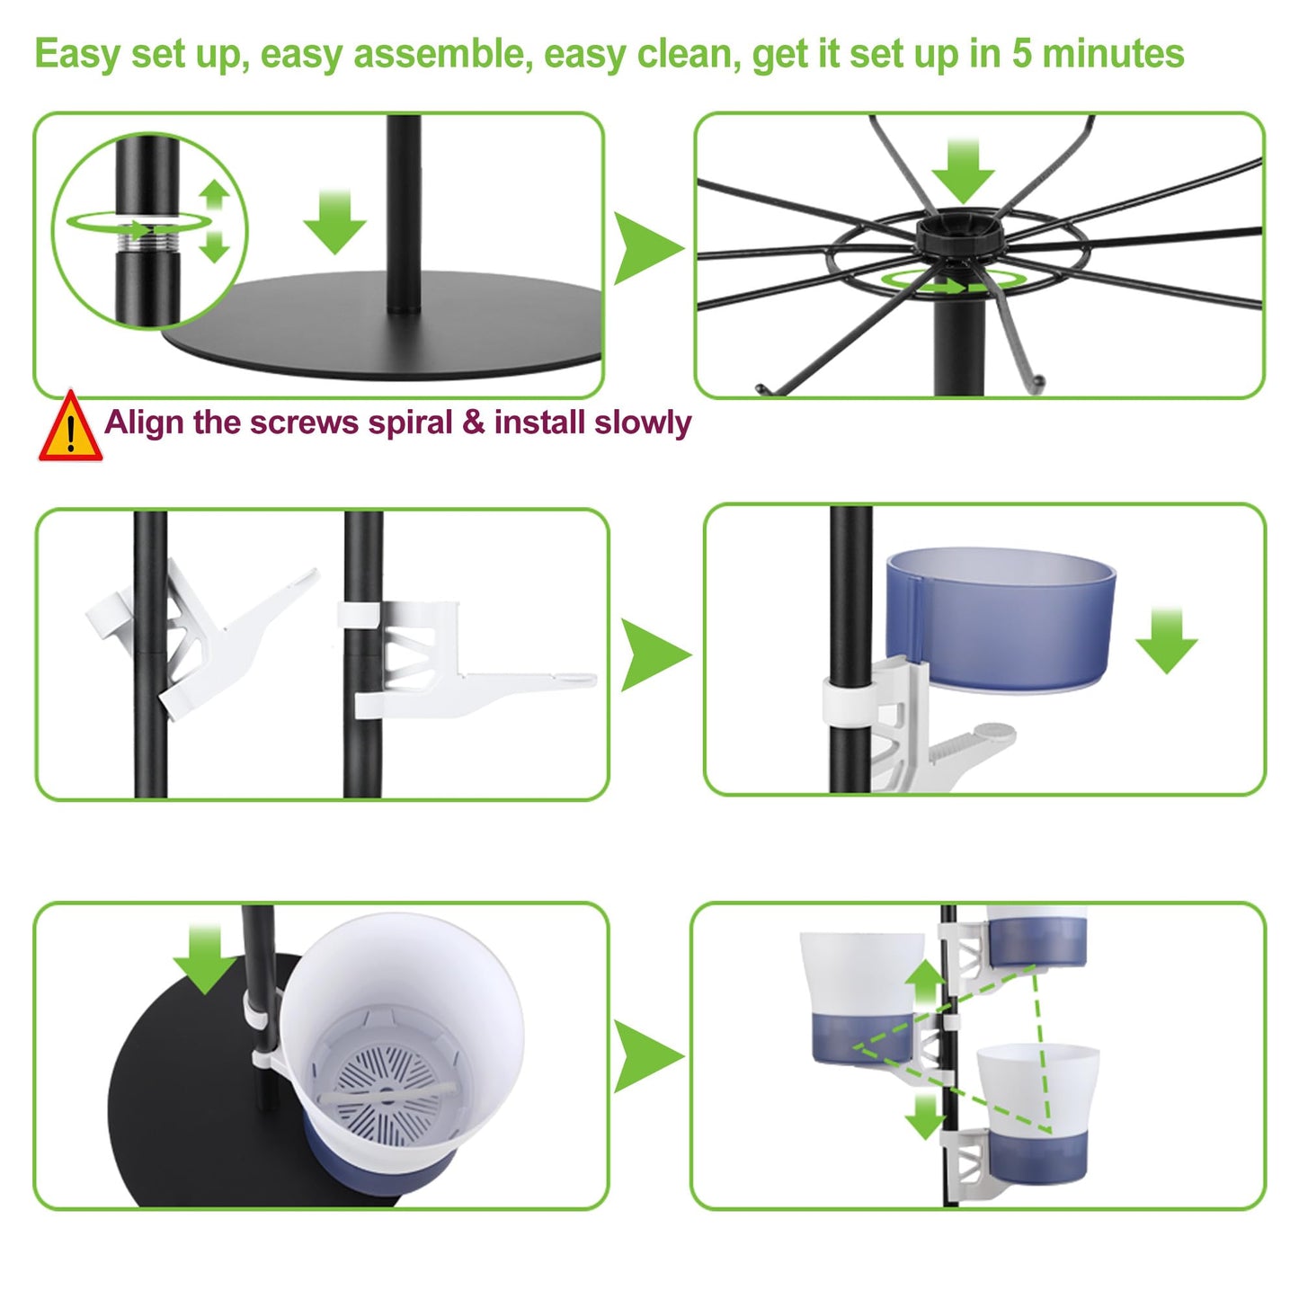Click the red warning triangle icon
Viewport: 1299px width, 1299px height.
tap(70, 426)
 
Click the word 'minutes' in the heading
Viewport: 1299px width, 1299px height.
tap(1113, 53)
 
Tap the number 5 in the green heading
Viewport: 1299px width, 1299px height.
tap(1021, 53)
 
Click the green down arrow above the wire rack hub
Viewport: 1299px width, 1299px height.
tap(963, 171)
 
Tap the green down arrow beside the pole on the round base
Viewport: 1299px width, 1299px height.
tap(335, 222)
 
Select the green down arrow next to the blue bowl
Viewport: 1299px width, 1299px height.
tap(1166, 640)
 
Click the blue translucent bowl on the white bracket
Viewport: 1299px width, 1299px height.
tap(1001, 618)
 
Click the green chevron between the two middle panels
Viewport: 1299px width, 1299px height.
tap(654, 654)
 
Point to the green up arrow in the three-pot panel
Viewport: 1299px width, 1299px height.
tap(927, 983)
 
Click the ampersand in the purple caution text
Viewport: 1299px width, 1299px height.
tap(474, 423)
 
